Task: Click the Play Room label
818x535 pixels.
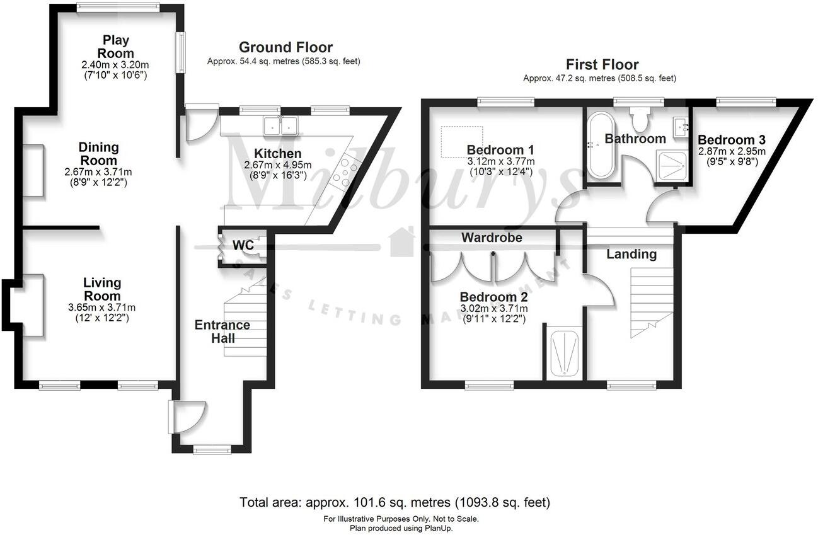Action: (116, 47)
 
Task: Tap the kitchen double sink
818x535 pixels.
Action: (280, 126)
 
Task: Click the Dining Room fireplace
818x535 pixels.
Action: (33, 170)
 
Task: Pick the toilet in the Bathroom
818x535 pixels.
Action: (642, 117)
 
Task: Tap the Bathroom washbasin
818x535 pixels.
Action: (681, 127)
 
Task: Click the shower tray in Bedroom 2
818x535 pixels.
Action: (564, 353)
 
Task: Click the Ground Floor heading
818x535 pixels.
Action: (285, 47)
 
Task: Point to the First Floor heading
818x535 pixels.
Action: (602, 64)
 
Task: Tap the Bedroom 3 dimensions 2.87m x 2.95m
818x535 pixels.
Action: (731, 152)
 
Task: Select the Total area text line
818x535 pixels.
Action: (395, 503)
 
